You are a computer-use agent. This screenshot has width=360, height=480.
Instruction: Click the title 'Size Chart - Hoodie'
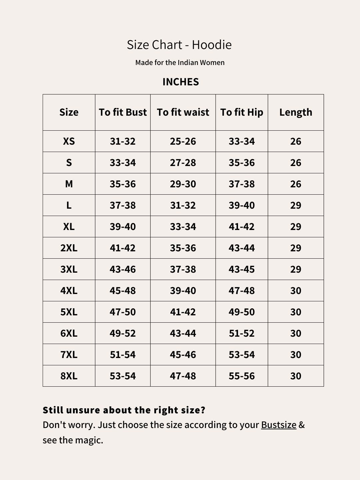[179, 45]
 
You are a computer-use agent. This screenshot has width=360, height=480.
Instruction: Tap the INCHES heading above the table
[180, 82]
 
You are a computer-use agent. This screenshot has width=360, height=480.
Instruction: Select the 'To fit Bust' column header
[123, 112]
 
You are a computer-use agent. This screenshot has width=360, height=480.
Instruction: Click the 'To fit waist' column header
[183, 112]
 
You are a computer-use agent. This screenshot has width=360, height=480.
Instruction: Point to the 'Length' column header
[296, 112]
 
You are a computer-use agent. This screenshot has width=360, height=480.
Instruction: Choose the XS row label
[69, 141]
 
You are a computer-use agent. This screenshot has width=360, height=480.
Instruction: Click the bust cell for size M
[123, 184]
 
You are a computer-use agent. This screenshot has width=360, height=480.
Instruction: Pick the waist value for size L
[183, 205]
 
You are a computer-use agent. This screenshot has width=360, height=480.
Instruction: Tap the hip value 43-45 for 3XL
[242, 269]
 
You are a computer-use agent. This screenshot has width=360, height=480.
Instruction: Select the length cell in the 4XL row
[296, 291]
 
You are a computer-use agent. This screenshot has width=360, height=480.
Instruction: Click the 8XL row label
[69, 376]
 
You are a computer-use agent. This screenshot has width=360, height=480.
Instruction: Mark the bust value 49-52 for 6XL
[123, 333]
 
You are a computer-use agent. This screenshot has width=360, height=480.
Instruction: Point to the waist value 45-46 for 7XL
[183, 355]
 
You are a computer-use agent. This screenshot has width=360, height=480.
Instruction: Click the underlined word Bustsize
[279, 425]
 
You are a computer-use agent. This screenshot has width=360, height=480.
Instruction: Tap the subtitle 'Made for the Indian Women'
[180, 63]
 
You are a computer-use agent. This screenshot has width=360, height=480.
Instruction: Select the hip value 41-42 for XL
[242, 227]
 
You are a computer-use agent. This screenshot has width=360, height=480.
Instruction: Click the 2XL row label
[69, 248]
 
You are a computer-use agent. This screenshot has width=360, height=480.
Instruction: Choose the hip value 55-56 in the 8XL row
[242, 376]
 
